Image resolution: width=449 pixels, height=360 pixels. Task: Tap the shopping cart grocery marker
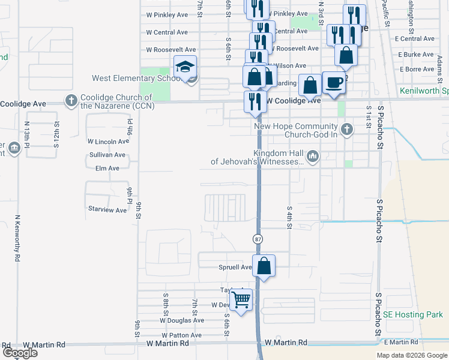(x=241, y=298)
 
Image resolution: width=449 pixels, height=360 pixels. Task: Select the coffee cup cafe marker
(x=334, y=82)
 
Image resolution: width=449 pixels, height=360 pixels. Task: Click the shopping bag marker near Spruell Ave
(x=264, y=265)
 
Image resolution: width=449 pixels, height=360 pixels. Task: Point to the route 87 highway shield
(x=258, y=239)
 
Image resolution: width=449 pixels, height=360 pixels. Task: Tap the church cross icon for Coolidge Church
(x=71, y=100)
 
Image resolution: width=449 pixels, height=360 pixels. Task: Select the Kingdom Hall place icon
(x=312, y=157)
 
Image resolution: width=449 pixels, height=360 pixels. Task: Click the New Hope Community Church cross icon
(x=346, y=129)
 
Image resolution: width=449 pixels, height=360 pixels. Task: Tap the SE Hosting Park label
(x=412, y=314)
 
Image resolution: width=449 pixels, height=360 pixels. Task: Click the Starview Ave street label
(x=107, y=210)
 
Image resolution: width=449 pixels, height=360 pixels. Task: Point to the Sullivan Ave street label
(x=107, y=155)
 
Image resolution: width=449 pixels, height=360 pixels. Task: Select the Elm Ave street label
(x=107, y=169)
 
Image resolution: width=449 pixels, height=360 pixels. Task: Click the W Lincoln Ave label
(x=108, y=142)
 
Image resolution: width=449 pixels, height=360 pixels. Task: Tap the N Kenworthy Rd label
(x=18, y=238)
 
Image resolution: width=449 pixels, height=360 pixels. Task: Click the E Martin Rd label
(x=401, y=342)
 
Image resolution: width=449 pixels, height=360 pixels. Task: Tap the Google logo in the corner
(x=19, y=353)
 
